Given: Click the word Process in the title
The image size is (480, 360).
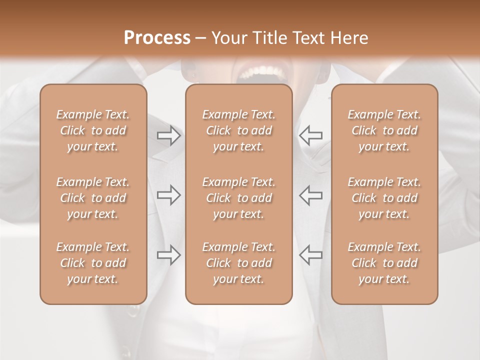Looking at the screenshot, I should pyautogui.click(x=157, y=38).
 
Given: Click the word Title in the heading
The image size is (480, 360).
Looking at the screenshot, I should pyautogui.click(x=269, y=38).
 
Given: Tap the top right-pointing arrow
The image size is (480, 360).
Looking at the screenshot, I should pyautogui.click(x=169, y=135).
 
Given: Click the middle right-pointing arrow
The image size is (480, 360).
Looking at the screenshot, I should pyautogui.click(x=169, y=195).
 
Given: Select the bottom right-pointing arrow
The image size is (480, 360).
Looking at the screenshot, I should pyautogui.click(x=169, y=255).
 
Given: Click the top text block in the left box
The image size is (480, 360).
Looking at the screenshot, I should pyautogui.click(x=93, y=130).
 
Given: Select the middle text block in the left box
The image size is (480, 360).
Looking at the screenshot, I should pyautogui.click(x=93, y=198).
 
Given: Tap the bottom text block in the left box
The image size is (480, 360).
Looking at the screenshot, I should pyautogui.click(x=93, y=263).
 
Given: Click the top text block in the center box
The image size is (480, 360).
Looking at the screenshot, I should pyautogui.click(x=238, y=130).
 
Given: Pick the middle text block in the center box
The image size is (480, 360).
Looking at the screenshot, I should pyautogui.click(x=238, y=198).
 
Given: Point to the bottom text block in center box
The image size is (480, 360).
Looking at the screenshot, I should pyautogui.click(x=238, y=263).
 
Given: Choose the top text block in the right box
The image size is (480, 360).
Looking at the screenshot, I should pyautogui.click(x=384, y=130).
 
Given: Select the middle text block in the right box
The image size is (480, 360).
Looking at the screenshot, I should pyautogui.click(x=384, y=198).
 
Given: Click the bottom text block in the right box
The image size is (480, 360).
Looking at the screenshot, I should pyautogui.click(x=384, y=263).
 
